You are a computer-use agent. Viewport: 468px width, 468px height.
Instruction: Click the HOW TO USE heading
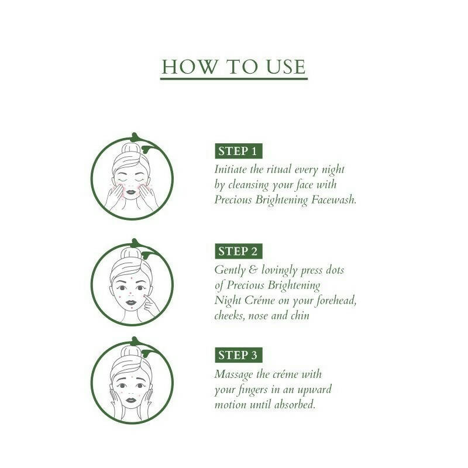pos(234,66)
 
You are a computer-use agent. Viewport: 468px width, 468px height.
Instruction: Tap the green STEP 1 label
pos(238,151)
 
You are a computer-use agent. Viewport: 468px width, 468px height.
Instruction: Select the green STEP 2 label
pos(238,252)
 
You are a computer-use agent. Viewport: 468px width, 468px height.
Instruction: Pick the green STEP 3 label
pos(238,355)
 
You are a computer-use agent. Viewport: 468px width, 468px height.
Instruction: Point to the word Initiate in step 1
pos(233,170)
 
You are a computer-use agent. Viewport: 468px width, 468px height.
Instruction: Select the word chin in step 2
pos(298,316)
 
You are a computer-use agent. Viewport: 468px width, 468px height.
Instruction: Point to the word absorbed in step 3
pos(295,404)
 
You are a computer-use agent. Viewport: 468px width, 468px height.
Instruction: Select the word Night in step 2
pos(228,301)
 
